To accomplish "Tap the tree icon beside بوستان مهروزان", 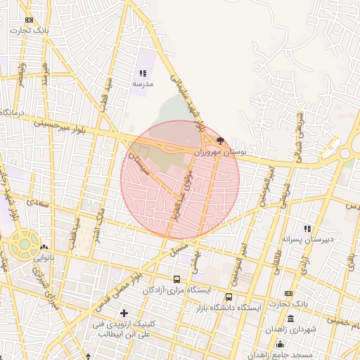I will tap(221, 140).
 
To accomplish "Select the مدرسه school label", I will tap(143, 84).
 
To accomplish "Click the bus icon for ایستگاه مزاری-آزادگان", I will tap(176, 279).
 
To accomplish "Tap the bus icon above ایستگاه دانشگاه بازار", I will tap(229, 297).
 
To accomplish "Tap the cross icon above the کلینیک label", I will tap(124, 312).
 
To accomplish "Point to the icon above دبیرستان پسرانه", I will tap(307, 228).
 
